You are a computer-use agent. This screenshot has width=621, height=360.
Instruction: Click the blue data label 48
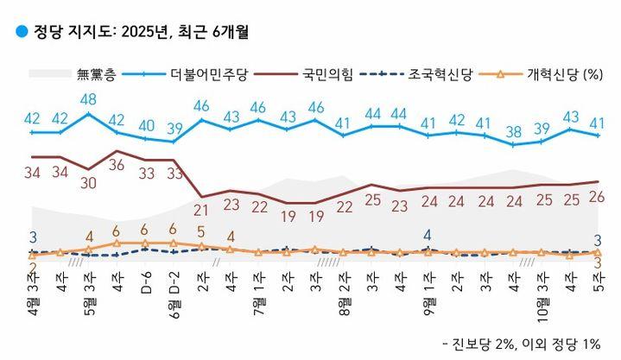[88, 99]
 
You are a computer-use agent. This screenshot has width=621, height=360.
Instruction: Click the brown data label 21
[202, 210]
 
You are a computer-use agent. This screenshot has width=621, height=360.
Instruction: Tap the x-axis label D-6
[145, 282]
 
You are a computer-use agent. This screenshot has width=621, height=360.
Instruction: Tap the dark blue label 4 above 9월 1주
[428, 234]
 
